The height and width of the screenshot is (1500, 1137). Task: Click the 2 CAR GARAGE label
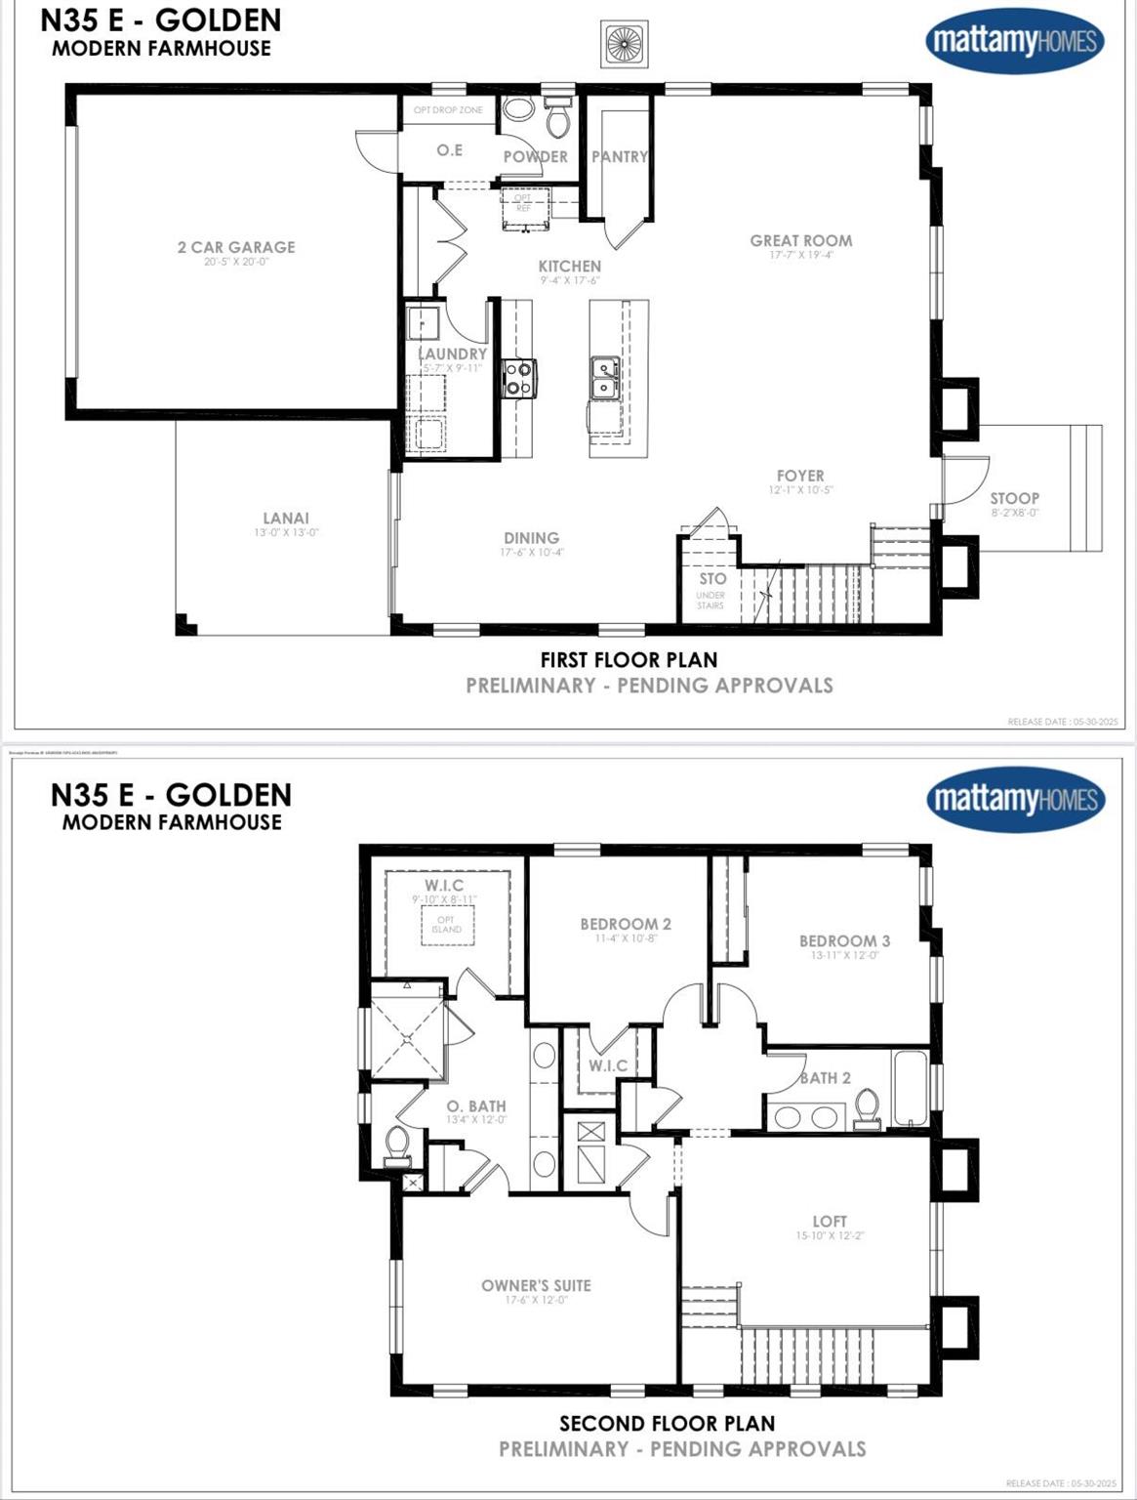[235, 248]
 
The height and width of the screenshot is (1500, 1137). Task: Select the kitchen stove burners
[518, 378]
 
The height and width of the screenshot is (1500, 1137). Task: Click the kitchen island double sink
[605, 378]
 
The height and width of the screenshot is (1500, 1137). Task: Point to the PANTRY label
[620, 156]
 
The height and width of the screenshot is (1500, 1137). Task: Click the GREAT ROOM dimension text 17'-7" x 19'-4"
[800, 256]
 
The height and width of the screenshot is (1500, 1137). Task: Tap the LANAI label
[285, 519]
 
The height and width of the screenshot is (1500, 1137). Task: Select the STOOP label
[1014, 498]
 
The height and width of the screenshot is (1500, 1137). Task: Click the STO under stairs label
[712, 579]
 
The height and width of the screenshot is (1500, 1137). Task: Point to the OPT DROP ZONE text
[448, 110]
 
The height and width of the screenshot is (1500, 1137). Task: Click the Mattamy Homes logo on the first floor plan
[1015, 41]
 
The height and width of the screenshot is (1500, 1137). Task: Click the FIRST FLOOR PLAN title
[629, 660]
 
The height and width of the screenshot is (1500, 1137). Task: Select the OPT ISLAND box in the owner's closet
[447, 925]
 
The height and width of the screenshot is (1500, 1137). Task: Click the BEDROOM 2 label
[625, 924]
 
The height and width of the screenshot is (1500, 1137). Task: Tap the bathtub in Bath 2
[911, 1088]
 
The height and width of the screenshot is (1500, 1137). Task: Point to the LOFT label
[830, 1222]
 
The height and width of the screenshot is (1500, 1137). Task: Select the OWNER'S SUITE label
[536, 1285]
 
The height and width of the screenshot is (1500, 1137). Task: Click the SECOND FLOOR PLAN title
[667, 1424]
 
